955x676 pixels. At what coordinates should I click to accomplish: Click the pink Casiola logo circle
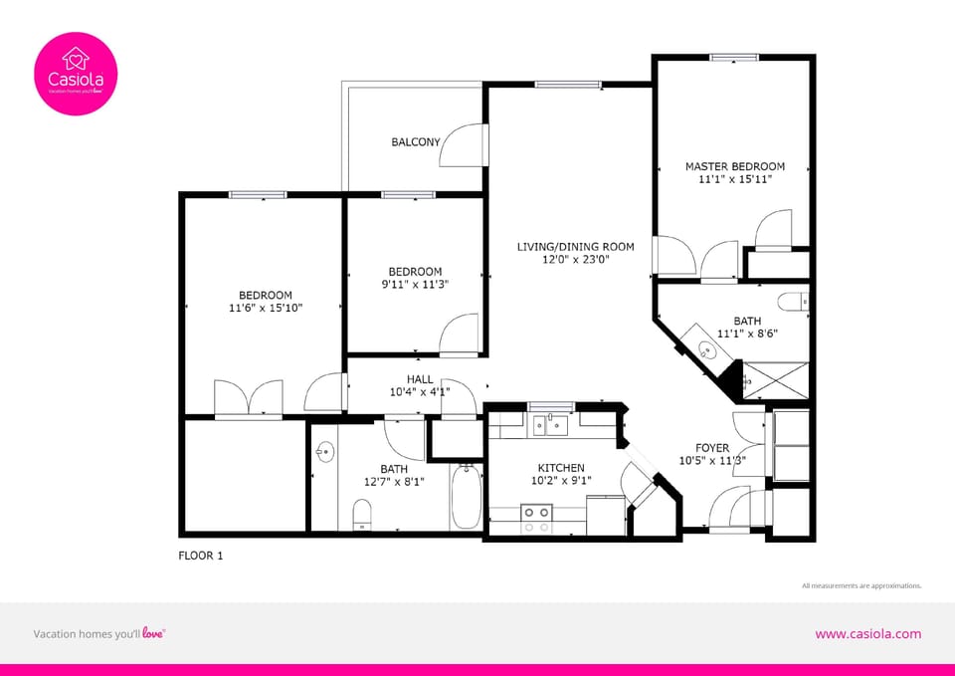pos(76,74)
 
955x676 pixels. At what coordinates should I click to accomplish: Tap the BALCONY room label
pos(415,142)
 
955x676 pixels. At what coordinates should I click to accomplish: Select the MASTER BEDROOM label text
pos(734,166)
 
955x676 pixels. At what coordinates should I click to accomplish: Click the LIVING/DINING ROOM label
pos(575,246)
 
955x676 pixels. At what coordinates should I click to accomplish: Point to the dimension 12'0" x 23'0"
pos(575,259)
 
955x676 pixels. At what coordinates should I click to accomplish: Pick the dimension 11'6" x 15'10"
pos(265,308)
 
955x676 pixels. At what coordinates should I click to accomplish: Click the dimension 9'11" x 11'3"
pos(415,285)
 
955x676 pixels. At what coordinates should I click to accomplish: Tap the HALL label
pos(420,378)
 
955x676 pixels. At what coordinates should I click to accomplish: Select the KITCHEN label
pos(561,468)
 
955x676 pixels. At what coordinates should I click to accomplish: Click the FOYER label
pos(712,448)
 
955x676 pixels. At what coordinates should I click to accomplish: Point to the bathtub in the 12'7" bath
pos(466,498)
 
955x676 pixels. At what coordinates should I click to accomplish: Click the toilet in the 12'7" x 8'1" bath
pos(362,515)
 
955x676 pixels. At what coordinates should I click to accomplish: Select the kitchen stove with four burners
pos(537,518)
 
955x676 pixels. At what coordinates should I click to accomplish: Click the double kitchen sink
pos(549,426)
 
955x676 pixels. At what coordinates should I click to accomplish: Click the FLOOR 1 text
pos(200,556)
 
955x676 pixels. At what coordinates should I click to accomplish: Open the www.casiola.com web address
pos(867,633)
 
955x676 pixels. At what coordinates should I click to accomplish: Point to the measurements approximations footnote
pos(861,585)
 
